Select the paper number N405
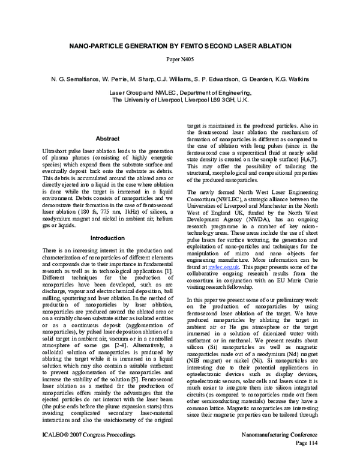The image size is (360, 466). (x=179, y=60)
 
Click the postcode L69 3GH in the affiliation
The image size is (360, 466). (x=224, y=100)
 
